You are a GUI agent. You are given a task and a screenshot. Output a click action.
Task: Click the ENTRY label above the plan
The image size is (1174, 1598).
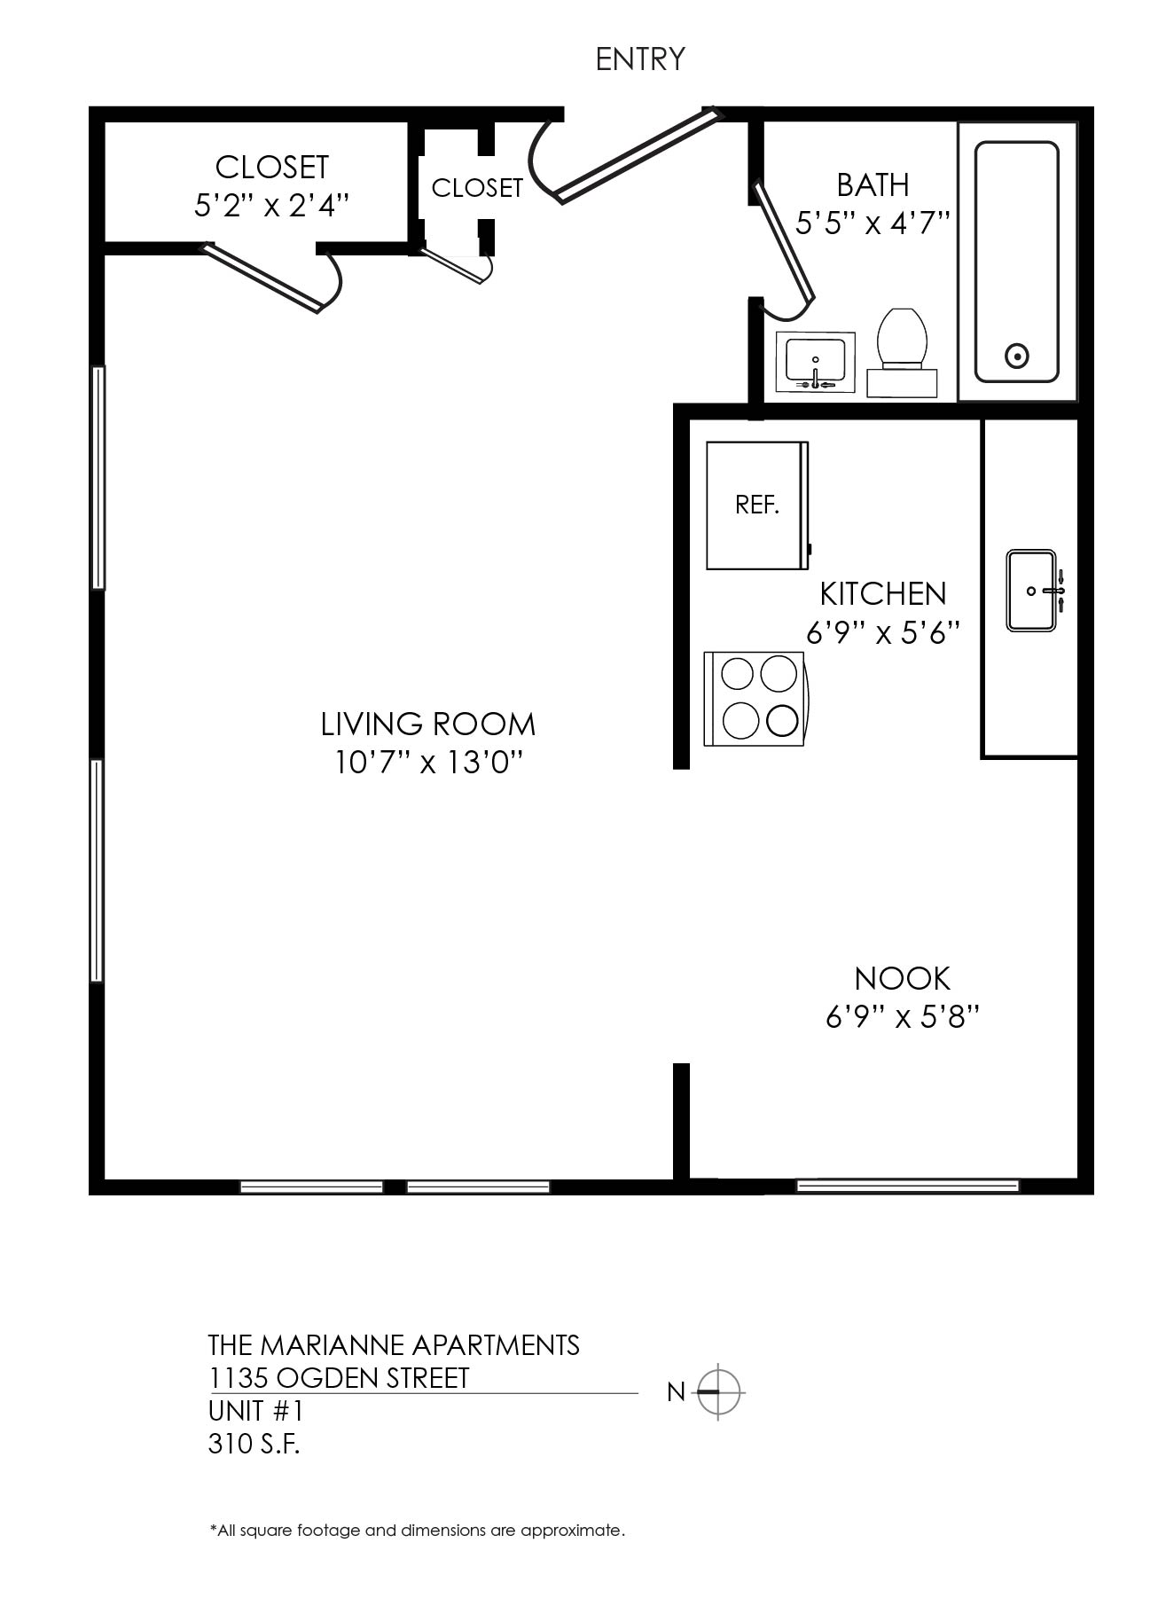(x=640, y=59)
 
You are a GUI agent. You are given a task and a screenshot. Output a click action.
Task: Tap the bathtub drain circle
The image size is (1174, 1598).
(x=1017, y=356)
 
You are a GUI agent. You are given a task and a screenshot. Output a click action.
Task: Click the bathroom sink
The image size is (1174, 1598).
(x=816, y=363)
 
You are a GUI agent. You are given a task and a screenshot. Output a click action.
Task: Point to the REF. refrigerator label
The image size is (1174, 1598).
(x=757, y=505)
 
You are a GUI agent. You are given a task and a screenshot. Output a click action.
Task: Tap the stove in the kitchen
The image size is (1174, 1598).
(x=755, y=699)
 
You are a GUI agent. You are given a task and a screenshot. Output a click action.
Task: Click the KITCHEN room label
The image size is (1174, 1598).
(x=883, y=593)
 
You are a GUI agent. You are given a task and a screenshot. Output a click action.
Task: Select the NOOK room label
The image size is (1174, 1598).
(x=903, y=979)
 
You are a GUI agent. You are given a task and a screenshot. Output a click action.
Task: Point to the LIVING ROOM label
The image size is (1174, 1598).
(x=428, y=725)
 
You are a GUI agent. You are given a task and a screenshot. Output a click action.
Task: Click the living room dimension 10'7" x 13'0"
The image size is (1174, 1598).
(x=428, y=763)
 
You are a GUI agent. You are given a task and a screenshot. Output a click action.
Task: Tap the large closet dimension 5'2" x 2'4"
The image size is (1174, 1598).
(x=271, y=206)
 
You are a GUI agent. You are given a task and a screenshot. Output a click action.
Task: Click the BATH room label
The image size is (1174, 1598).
(x=873, y=185)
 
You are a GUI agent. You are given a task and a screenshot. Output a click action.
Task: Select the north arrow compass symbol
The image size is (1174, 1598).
(x=718, y=1391)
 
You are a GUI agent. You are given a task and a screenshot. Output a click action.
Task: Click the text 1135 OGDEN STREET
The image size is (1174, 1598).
(x=339, y=1378)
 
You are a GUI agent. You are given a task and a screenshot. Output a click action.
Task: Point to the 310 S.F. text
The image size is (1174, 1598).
(x=254, y=1444)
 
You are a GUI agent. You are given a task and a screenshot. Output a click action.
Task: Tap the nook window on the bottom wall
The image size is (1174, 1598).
(x=908, y=1186)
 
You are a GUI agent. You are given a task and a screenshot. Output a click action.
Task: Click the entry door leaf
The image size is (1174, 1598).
(x=638, y=154)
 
